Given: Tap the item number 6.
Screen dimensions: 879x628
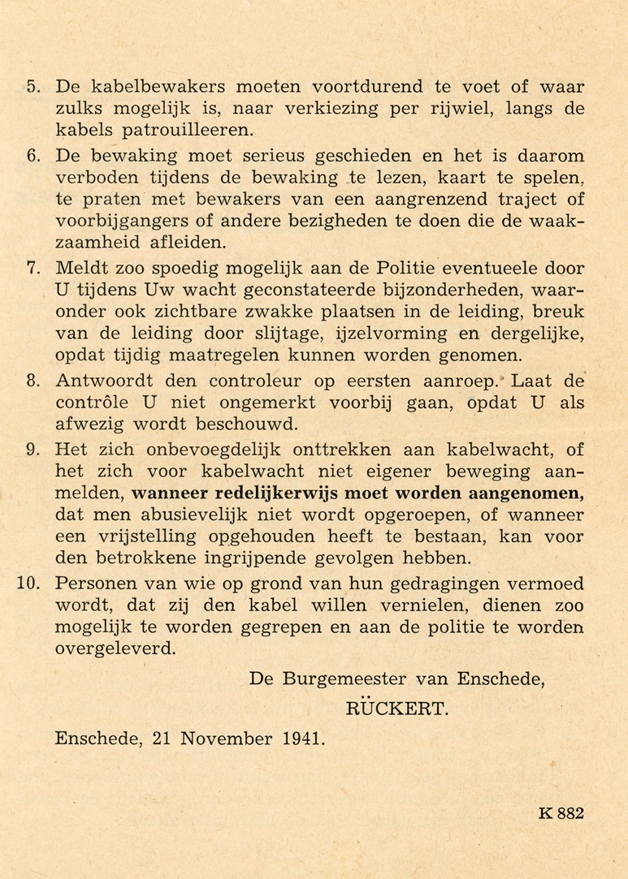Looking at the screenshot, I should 34,155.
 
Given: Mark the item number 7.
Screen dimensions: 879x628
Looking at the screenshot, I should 34,268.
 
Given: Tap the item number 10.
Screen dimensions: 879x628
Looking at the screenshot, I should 29,584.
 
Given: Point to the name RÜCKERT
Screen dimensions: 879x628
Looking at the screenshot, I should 397,709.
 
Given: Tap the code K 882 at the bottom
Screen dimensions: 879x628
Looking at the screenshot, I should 561,814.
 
